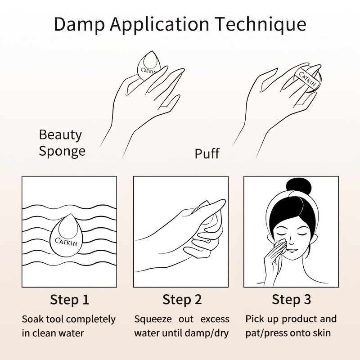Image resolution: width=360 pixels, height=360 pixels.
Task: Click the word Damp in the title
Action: (x=79, y=24)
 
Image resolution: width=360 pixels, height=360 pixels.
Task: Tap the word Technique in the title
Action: (x=261, y=24)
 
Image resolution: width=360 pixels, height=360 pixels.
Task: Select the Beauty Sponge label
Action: (x=62, y=143)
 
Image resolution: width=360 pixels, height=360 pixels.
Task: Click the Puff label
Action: (x=207, y=153)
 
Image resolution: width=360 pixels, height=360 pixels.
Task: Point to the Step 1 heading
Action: (x=69, y=300)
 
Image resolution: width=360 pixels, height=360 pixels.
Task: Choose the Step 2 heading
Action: (x=182, y=300)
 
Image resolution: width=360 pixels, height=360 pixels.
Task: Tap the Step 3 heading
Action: (x=291, y=299)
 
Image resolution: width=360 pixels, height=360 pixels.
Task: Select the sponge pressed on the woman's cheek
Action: (x=280, y=245)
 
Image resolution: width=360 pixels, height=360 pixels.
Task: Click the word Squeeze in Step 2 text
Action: (x=153, y=319)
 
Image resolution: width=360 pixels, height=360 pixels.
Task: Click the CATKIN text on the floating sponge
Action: (x=66, y=242)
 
